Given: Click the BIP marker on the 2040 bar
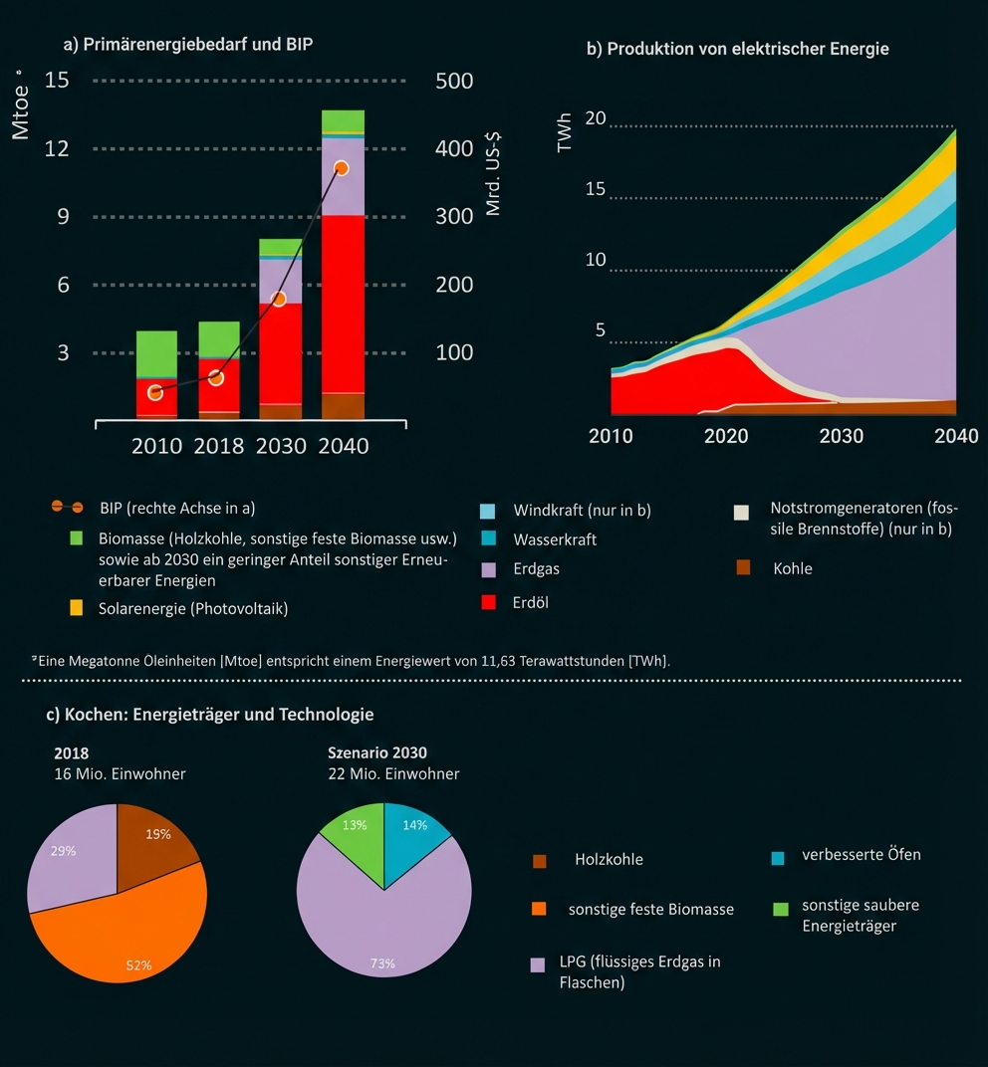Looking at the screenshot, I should point(342,168).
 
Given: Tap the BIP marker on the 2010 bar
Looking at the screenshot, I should point(155,392).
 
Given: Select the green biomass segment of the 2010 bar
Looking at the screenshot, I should point(156,353).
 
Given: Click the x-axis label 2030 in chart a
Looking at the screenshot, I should point(281,446).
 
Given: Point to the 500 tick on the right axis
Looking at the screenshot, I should point(454,81).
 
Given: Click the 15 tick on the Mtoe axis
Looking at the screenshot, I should point(57,81).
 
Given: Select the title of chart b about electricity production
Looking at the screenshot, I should point(737,48).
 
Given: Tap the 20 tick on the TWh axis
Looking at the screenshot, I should point(596,118).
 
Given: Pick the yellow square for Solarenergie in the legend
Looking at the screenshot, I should point(77,607).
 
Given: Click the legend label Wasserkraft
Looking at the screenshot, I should point(555,539).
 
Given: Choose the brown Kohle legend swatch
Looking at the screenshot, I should point(743,568).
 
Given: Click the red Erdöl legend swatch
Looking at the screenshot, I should point(488,602).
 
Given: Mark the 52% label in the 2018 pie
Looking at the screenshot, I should point(138,964).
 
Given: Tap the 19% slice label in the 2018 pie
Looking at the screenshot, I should point(158,835).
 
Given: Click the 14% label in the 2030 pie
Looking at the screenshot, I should point(414,825).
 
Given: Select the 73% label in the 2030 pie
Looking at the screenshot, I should point(382,963).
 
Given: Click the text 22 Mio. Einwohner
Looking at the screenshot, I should point(393,773).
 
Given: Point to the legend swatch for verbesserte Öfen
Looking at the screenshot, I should point(779,856).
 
